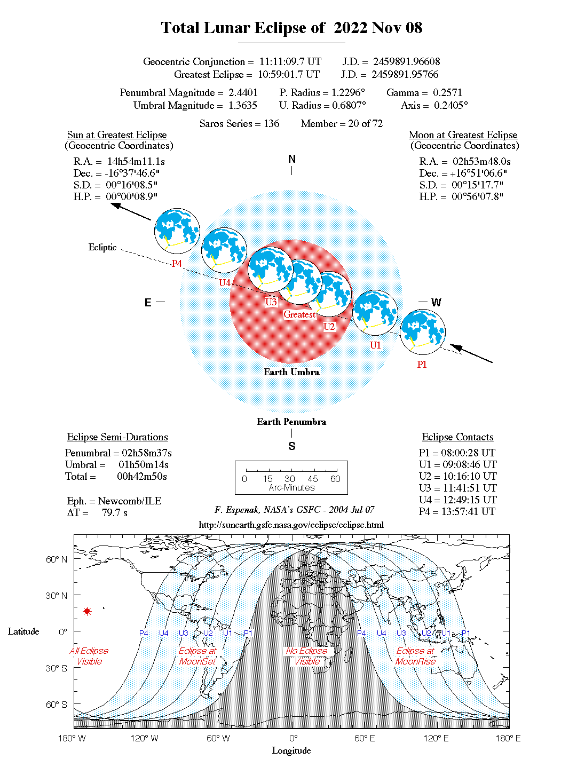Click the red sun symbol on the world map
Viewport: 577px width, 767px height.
[x=87, y=611]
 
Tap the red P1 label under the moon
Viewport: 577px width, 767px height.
[x=422, y=364]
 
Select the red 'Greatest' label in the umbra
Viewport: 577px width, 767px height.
[x=299, y=314]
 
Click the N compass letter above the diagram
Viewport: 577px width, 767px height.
[x=291, y=159]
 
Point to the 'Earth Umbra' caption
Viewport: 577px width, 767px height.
[x=291, y=372]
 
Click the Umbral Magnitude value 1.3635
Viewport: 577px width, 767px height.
[x=243, y=105]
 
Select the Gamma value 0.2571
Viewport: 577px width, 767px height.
[x=447, y=92]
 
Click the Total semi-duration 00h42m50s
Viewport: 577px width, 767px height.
[x=142, y=476]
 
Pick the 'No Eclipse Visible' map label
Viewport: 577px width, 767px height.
[x=307, y=656]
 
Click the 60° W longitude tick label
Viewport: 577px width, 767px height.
[x=218, y=738]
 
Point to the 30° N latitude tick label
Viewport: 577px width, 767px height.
[x=56, y=596]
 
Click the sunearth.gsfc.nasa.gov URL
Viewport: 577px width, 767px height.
[x=291, y=525]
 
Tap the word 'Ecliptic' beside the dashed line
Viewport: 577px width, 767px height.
[x=102, y=247]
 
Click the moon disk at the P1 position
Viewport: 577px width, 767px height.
[x=422, y=331]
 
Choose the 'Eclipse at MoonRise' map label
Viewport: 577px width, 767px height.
[x=415, y=656]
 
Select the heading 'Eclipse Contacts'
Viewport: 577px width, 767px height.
[x=457, y=437]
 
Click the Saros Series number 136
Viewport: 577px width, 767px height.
[x=271, y=123]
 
